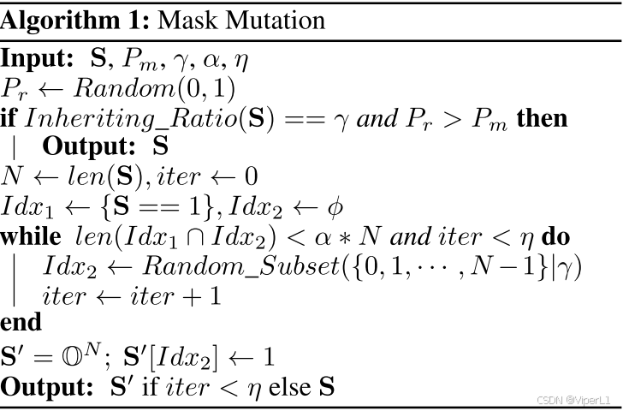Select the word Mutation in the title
coord(266,18)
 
